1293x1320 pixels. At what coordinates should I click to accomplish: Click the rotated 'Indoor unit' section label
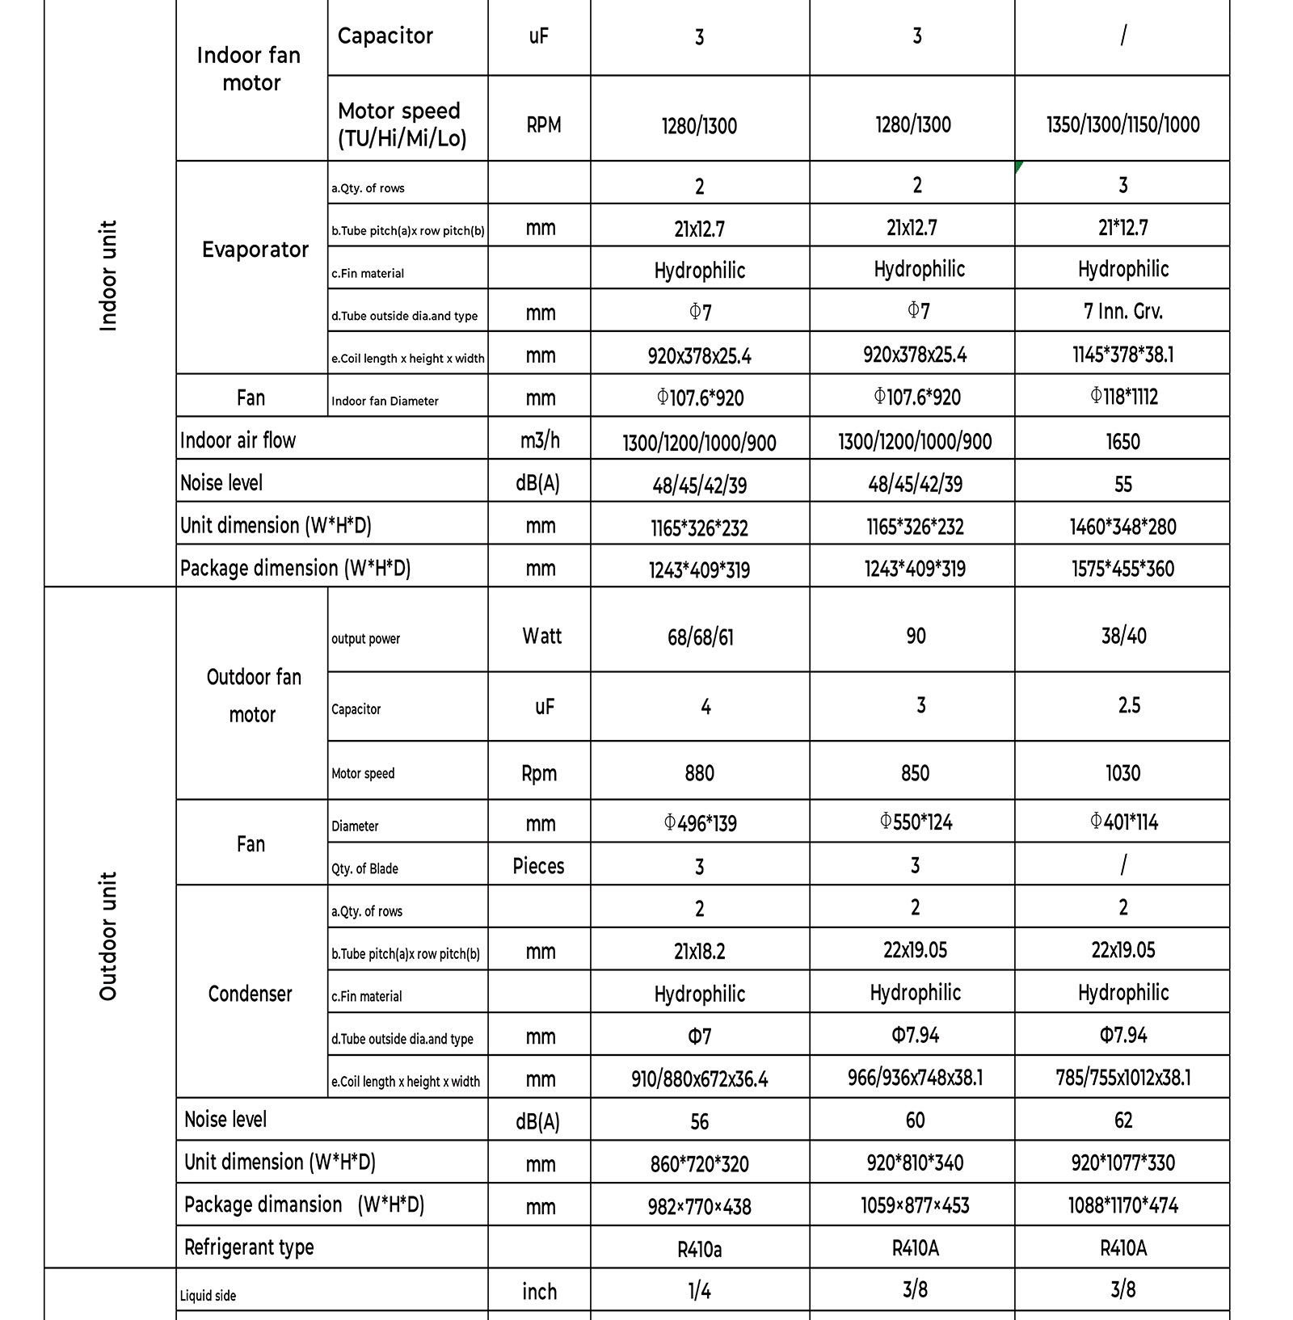[x=108, y=275]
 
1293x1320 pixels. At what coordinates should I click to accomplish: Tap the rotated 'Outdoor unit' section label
[x=108, y=935]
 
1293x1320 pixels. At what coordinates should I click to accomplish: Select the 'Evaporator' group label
[x=255, y=250]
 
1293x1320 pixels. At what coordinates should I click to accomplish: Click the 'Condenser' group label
[x=250, y=994]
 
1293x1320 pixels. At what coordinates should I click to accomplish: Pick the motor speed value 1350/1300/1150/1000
[x=1122, y=124]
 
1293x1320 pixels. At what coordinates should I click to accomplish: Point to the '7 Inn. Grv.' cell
[x=1122, y=311]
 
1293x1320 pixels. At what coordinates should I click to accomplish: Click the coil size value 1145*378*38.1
[x=1122, y=355]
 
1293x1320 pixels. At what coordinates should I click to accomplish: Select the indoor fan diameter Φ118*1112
[x=1122, y=397]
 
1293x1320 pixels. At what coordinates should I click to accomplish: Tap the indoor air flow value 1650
[x=1122, y=441]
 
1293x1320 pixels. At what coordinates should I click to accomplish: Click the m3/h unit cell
[x=540, y=440]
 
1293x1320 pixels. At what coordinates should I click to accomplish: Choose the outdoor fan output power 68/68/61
[x=700, y=637]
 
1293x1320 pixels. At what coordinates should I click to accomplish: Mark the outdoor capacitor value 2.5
[x=1128, y=705]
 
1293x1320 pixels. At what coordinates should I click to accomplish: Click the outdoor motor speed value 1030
[x=1122, y=773]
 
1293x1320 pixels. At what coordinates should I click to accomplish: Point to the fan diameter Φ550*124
[x=915, y=822]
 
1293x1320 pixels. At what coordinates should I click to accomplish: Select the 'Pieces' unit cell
[x=538, y=866]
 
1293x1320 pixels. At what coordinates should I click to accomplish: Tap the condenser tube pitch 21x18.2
[x=700, y=951]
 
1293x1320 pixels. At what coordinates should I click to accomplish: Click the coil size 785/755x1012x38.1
[x=1122, y=1078]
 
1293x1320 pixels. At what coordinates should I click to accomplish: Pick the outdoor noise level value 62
[x=1122, y=1120]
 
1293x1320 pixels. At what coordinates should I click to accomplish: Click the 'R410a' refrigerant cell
[x=700, y=1250]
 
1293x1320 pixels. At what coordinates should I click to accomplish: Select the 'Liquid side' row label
[x=208, y=1296]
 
